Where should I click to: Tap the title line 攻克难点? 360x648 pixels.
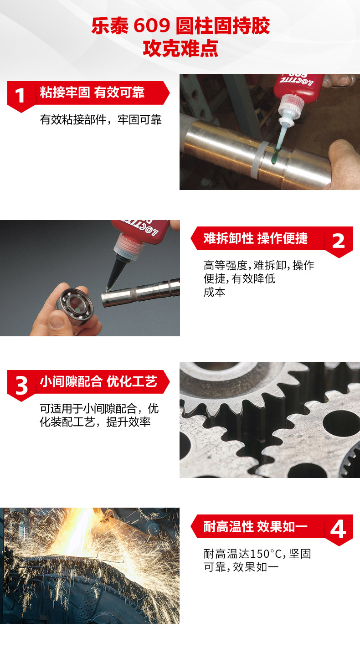click(180, 48)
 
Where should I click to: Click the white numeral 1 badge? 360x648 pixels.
click(20, 95)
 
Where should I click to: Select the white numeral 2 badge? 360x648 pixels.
click(338, 241)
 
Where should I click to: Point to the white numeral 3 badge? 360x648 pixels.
click(21, 386)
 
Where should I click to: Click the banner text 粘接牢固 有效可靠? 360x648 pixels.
click(92, 93)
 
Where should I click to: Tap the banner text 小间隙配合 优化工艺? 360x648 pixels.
click(98, 381)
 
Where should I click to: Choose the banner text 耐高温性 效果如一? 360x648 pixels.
click(255, 526)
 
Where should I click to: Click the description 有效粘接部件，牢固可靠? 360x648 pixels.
click(101, 120)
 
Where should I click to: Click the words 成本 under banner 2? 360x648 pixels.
click(215, 292)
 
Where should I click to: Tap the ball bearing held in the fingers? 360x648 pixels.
click(75, 307)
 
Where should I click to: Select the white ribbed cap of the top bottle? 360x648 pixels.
click(291, 108)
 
